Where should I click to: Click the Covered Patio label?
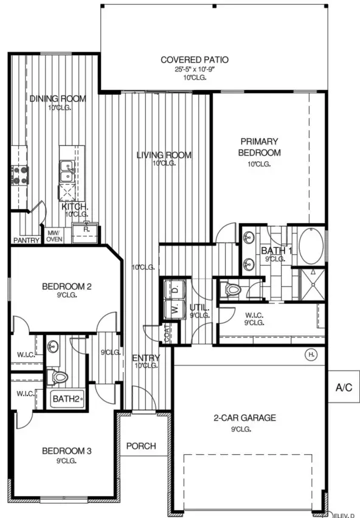click(x=194, y=60)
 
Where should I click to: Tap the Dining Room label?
click(x=58, y=98)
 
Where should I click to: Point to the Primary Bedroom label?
click(x=260, y=147)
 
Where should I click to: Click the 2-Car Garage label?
click(x=244, y=418)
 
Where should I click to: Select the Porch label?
click(x=141, y=446)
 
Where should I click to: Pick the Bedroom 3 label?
click(x=67, y=451)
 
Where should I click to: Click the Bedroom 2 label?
click(x=67, y=286)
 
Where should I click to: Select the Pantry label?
click(x=27, y=240)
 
